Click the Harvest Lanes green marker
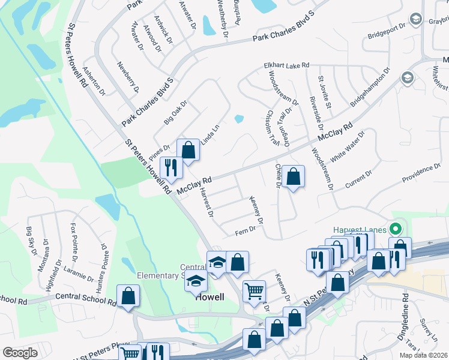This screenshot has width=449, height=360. click(x=396, y=229)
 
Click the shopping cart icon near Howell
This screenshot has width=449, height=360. click(x=255, y=291)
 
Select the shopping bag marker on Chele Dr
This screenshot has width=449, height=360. click(x=294, y=177)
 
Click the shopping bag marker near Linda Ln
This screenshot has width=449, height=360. click(x=188, y=151)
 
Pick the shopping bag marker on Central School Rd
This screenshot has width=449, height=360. click(x=128, y=296)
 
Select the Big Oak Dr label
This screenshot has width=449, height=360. click(x=176, y=112)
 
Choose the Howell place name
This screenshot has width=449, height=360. click(x=210, y=297)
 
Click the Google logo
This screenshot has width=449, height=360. click(x=20, y=352)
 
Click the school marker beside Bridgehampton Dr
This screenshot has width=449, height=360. click(x=407, y=78)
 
